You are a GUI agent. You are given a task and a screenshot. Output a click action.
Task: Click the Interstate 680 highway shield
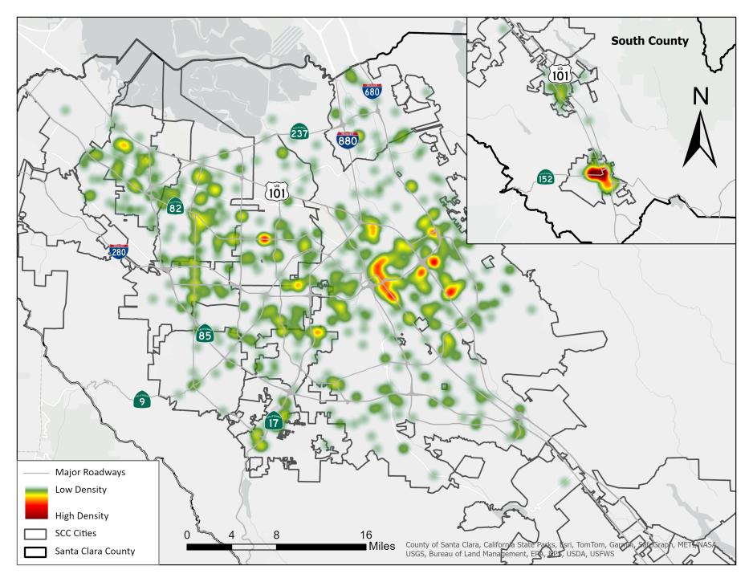(x=372, y=90)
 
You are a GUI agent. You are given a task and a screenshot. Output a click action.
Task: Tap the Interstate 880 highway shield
(x=348, y=140)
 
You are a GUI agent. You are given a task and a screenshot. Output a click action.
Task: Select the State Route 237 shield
(x=299, y=132)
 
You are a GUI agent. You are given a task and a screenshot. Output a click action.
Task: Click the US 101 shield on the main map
(x=275, y=190)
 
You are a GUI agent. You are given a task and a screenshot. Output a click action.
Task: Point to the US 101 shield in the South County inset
(x=560, y=73)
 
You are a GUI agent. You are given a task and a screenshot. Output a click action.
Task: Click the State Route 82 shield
(x=175, y=206)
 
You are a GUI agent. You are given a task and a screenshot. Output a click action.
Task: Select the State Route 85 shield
(x=205, y=334)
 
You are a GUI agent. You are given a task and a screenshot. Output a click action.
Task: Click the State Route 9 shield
(x=142, y=399)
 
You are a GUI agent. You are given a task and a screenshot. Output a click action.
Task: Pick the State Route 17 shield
(x=274, y=421)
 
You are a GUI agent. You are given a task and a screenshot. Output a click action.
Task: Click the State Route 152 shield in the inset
(x=546, y=177)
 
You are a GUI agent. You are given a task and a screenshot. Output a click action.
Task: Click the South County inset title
(x=649, y=40)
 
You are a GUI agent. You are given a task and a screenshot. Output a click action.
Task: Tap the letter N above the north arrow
(x=700, y=96)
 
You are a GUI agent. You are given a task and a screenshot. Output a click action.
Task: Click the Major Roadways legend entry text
(x=90, y=472)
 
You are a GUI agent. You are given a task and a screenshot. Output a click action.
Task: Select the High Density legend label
(x=81, y=516)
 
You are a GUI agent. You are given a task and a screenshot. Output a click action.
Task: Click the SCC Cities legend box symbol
(x=34, y=534)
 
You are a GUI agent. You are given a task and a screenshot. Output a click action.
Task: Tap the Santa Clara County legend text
(x=95, y=551)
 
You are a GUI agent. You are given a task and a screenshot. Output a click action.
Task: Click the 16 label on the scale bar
(x=365, y=535)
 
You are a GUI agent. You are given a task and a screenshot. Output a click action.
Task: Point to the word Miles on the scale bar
(x=382, y=547)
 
